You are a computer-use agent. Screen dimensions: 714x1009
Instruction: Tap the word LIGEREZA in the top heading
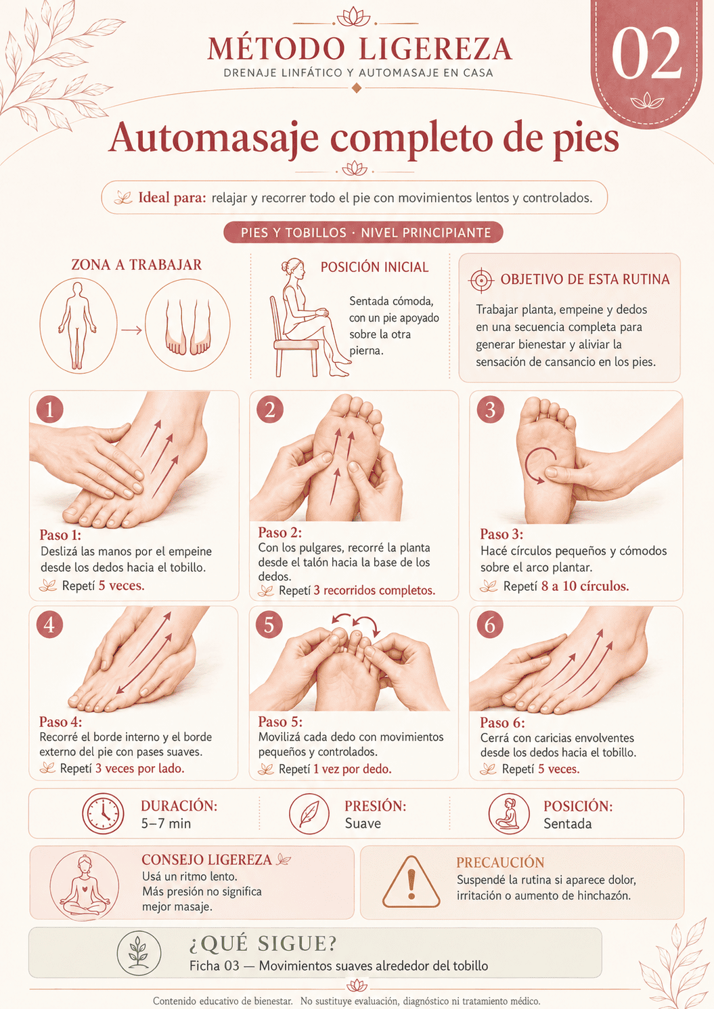click(x=436, y=49)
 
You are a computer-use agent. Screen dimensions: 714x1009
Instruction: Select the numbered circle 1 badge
click(x=49, y=409)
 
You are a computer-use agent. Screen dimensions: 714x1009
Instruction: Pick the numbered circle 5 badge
click(x=269, y=625)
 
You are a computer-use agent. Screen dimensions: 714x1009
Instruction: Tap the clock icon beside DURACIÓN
click(x=103, y=813)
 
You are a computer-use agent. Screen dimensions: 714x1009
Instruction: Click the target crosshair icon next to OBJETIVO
click(x=482, y=280)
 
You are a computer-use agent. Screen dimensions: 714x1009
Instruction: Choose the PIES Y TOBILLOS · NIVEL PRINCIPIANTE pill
click(x=363, y=232)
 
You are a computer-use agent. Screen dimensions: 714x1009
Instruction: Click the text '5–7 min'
click(x=166, y=824)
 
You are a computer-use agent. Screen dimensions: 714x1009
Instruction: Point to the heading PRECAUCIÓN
click(x=500, y=862)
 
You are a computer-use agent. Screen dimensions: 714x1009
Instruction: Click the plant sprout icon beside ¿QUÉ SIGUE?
click(x=139, y=953)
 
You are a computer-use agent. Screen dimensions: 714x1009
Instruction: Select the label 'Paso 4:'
click(x=61, y=721)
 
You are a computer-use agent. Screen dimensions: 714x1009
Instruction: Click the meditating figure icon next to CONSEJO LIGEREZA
click(x=85, y=885)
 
